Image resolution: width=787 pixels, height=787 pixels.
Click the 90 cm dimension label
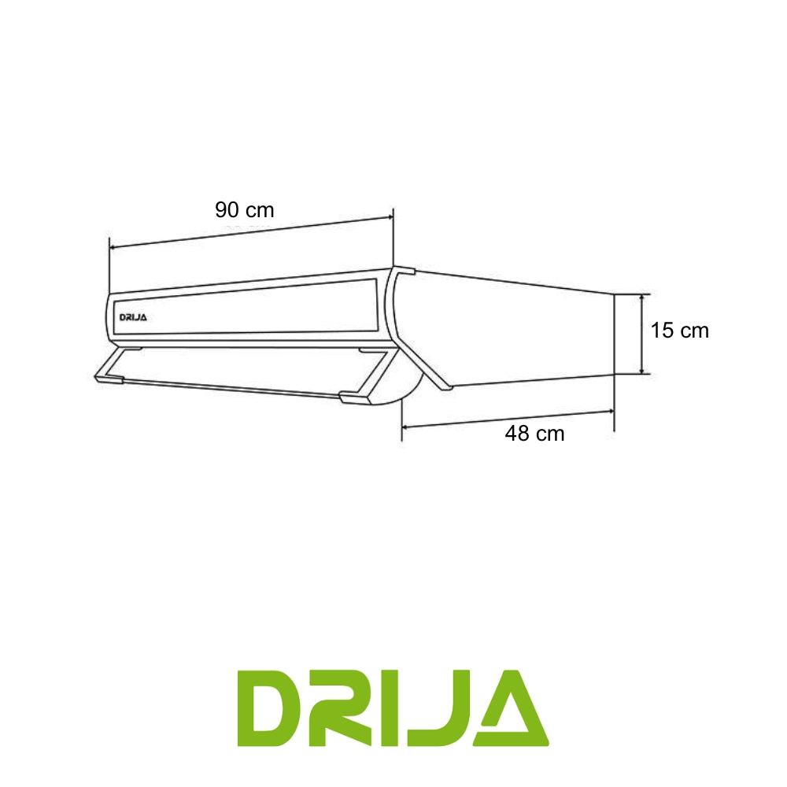coord(244,210)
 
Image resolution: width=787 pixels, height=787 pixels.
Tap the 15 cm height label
coord(679,331)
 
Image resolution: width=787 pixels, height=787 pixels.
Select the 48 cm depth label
coord(534,434)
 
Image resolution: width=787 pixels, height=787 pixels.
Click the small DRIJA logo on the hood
coord(133,317)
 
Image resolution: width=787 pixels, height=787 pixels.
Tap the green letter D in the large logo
coord(272,708)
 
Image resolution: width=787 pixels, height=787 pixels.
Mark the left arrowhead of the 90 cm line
coord(113,248)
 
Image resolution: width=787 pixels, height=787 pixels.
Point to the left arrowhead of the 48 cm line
coord(406,426)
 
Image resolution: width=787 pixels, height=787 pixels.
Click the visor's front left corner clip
coord(111,379)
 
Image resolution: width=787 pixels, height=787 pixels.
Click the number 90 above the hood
coord(227,210)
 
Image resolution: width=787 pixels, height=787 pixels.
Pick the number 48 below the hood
coord(517,434)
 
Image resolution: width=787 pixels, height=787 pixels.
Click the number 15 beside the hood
coord(661,331)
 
